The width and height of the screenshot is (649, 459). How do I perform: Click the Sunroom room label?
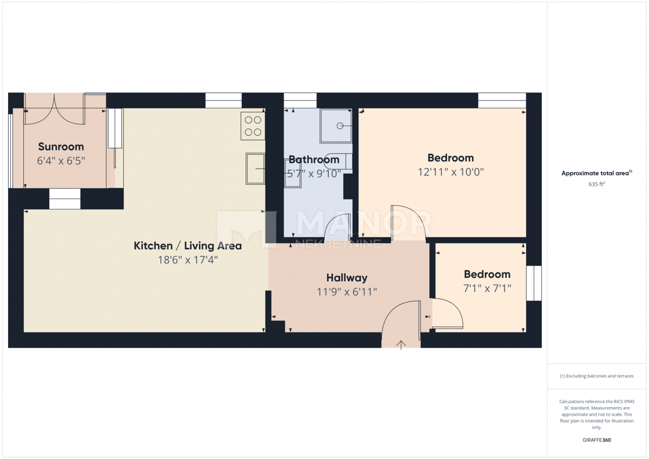61,147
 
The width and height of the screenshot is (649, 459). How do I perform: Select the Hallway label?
347,278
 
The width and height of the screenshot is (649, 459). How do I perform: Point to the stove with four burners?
253,125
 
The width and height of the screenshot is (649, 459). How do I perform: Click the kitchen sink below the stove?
255,168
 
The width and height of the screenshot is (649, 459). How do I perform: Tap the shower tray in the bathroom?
336,126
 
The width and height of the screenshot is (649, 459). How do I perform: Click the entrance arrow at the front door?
401,345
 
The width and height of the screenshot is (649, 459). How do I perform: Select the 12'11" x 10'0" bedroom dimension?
451,172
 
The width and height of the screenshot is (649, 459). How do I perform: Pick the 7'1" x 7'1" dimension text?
487,289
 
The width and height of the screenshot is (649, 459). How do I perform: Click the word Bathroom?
314,159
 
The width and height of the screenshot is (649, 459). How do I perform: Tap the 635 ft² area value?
597,184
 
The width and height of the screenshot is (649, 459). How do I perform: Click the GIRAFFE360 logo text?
596,440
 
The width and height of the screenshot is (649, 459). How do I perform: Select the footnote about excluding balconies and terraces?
597,376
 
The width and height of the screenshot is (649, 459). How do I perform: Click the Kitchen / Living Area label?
188,246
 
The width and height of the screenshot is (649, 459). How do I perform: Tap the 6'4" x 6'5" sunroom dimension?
61,161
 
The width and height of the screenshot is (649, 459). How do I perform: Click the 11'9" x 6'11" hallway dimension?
347,292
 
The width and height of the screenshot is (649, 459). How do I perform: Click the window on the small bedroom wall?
534,283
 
